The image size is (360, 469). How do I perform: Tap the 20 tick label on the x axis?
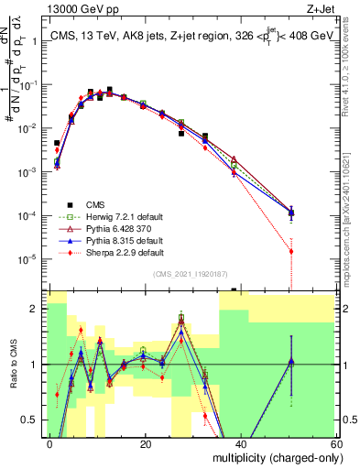(x=146, y=443)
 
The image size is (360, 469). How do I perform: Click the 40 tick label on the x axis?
(x=242, y=443)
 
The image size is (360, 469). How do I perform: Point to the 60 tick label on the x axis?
(x=337, y=443)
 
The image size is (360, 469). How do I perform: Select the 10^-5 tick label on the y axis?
(x=29, y=259)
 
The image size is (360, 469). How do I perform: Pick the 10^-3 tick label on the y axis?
(x=29, y=172)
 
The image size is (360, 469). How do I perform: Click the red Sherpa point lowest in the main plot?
(x=291, y=251)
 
